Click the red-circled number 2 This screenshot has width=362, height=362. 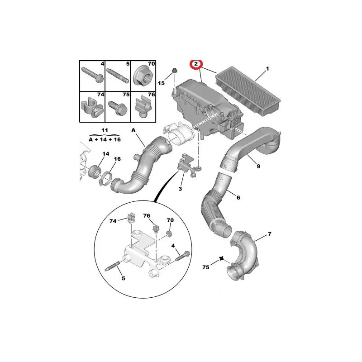196,64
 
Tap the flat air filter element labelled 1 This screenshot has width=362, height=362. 248,91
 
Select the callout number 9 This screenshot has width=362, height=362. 258,166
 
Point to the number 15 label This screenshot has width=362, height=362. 161,83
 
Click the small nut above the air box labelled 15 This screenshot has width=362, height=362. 175,71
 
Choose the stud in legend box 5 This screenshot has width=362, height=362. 118,76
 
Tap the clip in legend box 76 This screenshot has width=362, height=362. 142,108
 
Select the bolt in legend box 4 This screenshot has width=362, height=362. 92,75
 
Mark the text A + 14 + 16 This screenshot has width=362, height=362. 105,139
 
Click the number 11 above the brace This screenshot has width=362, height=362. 105,130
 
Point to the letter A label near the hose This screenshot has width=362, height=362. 133,130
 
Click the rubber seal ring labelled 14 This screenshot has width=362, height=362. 95,171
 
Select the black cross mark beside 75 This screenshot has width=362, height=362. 221,258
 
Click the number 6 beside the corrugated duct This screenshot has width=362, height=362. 238,197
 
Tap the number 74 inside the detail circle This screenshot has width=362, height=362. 113,221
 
